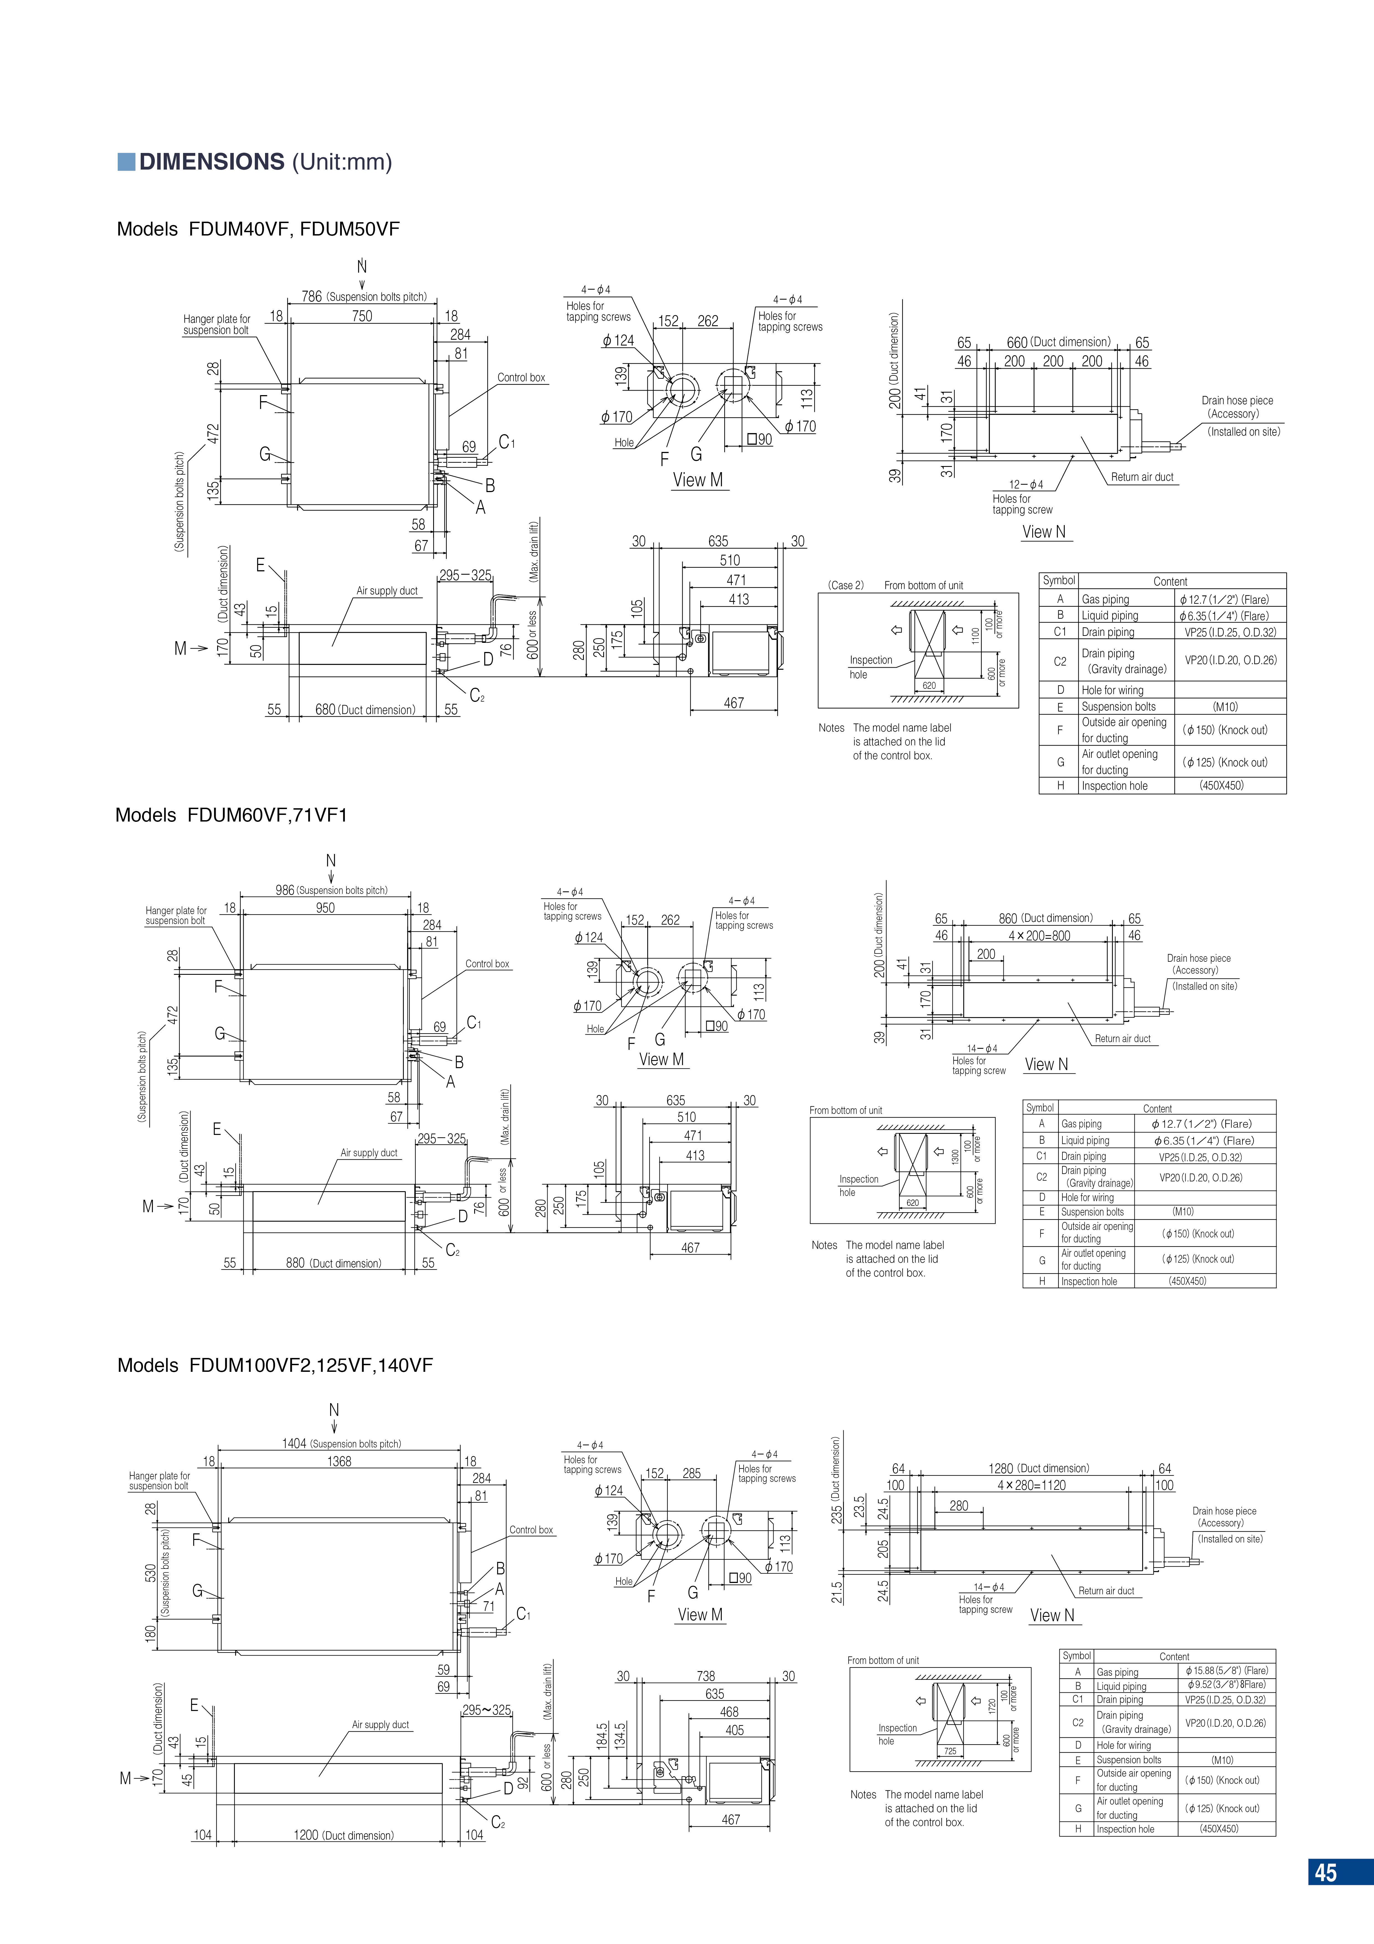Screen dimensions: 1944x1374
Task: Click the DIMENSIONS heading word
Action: tap(212, 162)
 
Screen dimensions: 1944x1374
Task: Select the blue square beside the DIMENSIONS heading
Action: tap(126, 162)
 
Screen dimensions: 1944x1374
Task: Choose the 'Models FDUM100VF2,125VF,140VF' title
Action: tap(275, 1365)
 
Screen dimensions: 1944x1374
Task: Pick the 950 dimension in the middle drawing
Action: tap(325, 908)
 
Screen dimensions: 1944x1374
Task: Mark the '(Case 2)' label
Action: tap(846, 585)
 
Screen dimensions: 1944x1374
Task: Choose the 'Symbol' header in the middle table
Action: tap(1040, 1107)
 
